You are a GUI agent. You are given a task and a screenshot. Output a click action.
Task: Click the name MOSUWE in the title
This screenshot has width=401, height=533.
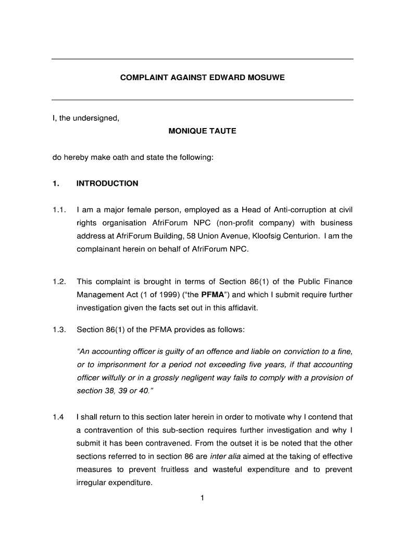pos(265,78)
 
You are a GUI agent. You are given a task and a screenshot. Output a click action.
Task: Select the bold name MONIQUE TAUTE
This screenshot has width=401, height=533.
pos(202,131)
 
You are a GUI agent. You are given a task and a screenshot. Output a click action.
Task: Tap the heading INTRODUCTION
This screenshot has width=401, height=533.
pos(107,183)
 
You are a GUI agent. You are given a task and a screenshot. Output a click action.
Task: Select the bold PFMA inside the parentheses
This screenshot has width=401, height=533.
pos(212,295)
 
